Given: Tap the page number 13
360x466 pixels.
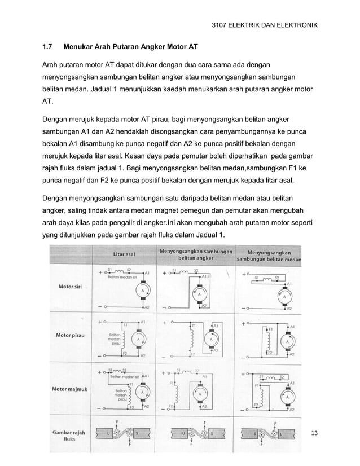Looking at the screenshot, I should point(315,433).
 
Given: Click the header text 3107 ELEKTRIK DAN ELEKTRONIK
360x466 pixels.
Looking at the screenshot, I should point(264,25).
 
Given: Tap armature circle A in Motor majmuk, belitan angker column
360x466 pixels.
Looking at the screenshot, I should point(199,393).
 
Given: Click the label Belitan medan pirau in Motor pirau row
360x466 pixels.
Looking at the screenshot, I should point(115,338).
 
